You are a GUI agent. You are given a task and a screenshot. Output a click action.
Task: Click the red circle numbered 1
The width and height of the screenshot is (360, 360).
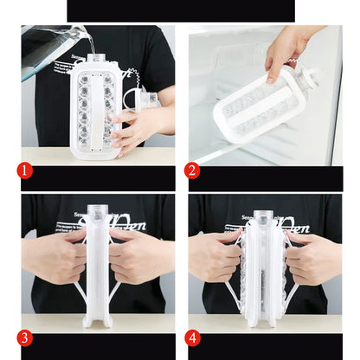(26, 170)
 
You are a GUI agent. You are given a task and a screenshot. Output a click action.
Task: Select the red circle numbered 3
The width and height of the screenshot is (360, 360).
(26, 338)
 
